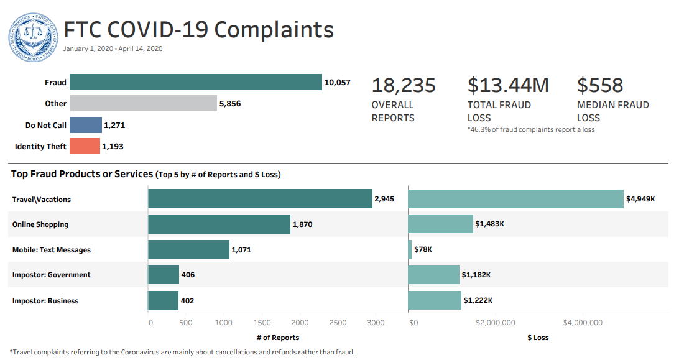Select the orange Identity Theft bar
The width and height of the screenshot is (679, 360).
[85, 146]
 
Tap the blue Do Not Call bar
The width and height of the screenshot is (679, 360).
[86, 125]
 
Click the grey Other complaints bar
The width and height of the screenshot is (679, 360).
[143, 104]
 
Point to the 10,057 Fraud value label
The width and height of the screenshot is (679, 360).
[338, 83]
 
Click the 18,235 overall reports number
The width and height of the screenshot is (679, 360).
[404, 85]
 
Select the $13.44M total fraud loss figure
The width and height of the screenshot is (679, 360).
[508, 85]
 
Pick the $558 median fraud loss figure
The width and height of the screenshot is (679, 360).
[600, 85]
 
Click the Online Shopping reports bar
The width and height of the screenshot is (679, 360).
[219, 224]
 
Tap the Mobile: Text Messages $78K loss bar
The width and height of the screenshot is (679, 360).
[410, 249]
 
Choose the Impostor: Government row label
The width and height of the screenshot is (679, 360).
[51, 275]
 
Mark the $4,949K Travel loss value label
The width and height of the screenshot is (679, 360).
[640, 200]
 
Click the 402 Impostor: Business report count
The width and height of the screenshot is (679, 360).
[187, 301]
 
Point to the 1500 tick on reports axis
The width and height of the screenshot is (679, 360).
[262, 323]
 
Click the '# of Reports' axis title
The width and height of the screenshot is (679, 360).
[277, 338]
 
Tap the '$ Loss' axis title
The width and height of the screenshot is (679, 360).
[538, 338]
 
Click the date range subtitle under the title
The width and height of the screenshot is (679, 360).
[113, 48]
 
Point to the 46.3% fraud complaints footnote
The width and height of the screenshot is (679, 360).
[530, 129]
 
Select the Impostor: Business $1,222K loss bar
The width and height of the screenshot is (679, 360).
[435, 300]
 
